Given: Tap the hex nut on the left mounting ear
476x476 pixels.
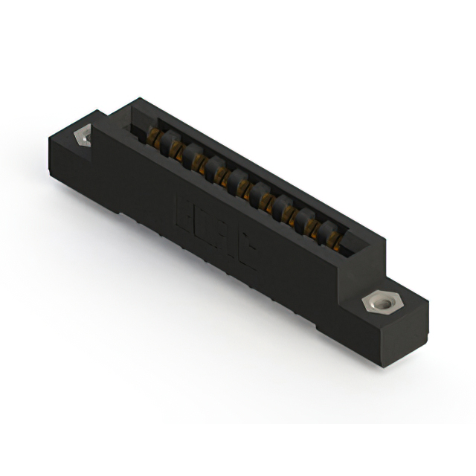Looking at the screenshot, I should (x=83, y=136).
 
